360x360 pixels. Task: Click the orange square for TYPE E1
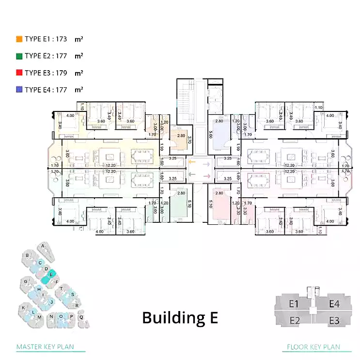[19, 39]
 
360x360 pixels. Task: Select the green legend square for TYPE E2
[19, 56]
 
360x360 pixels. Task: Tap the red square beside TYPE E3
[19, 73]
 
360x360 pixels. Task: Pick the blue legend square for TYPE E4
[19, 90]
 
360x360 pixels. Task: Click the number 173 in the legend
[61, 39]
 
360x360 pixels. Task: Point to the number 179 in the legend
[61, 73]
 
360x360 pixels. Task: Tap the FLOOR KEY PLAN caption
[313, 347]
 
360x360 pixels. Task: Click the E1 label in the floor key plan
[293, 304]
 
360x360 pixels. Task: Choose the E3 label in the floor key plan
[334, 320]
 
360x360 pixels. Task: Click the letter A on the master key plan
[44, 246]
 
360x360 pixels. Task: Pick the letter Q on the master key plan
[81, 317]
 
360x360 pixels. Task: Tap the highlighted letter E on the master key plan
[51, 274]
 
